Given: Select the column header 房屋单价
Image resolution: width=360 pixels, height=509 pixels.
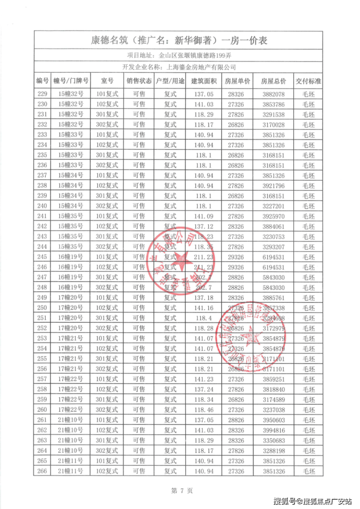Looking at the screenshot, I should (238, 81).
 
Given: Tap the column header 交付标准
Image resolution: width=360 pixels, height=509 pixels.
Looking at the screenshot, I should (308, 81).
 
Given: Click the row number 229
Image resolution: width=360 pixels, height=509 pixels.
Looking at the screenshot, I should (42, 94).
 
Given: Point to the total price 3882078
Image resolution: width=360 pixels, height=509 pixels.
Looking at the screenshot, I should (273, 94).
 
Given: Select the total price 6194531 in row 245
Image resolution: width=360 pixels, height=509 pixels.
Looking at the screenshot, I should (273, 256).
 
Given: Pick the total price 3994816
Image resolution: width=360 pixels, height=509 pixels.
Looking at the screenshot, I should (273, 430).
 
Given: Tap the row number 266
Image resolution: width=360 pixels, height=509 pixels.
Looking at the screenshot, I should (42, 471).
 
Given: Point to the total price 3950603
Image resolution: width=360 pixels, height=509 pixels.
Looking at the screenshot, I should (273, 419).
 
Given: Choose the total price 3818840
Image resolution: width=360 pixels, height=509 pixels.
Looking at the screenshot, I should (273, 389).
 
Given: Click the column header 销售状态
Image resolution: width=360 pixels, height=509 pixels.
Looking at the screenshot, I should (139, 81).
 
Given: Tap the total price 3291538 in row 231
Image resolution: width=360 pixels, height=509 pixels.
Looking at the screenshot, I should (273, 114).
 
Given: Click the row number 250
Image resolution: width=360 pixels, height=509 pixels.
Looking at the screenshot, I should (42, 308).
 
